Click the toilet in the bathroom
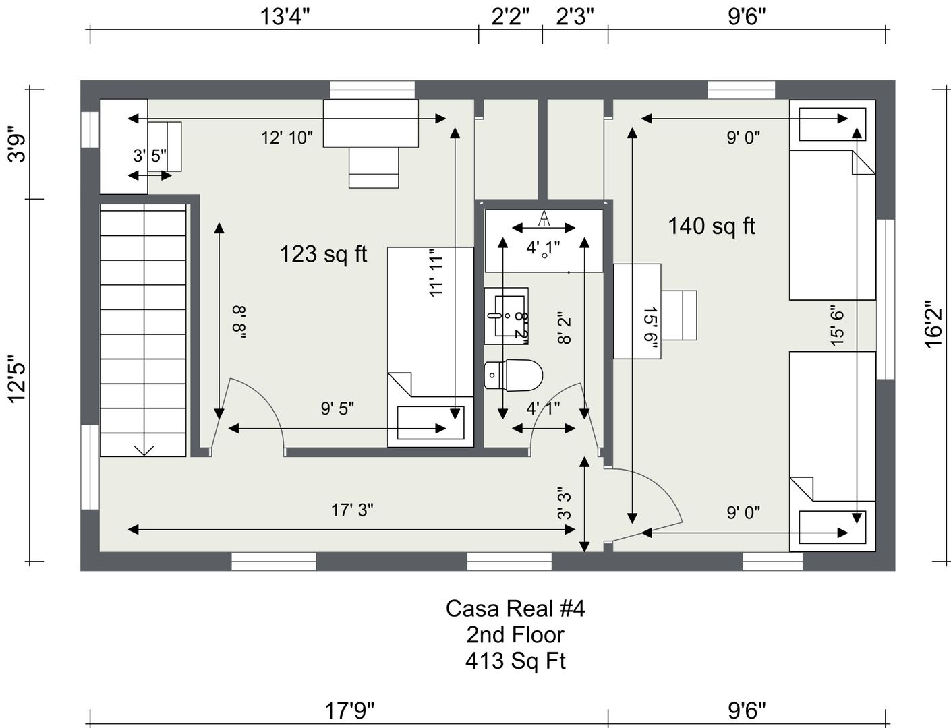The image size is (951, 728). tap(513, 375)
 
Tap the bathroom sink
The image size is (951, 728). tap(507, 315)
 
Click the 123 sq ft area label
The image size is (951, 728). tap(324, 255)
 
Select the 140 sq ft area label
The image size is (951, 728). tap(712, 226)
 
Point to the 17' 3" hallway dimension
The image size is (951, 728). tap(352, 510)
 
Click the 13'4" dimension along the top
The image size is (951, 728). tap(285, 17)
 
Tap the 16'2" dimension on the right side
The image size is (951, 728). tap(933, 324)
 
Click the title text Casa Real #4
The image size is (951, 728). tap(515, 609)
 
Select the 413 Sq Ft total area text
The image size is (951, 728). tap(515, 661)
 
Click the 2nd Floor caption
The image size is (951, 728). tap(515, 634)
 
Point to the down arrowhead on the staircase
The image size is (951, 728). tap(144, 450)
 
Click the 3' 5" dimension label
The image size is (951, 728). tap(150, 155)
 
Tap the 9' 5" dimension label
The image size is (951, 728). tap(337, 408)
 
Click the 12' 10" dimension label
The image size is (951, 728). tap(287, 138)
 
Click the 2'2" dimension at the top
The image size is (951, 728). tap(511, 17)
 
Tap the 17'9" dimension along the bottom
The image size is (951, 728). tap(349, 711)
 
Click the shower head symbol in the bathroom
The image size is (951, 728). tap(544, 218)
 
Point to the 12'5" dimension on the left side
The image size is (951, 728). tap(18, 379)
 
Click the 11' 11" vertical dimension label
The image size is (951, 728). tap(436, 273)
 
